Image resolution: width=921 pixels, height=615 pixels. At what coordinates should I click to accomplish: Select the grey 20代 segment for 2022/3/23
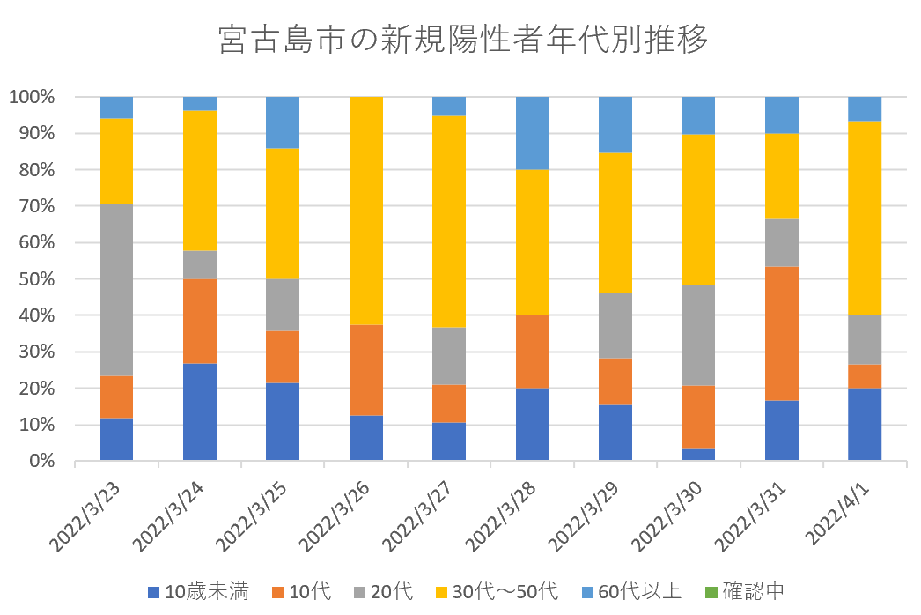click(x=116, y=290)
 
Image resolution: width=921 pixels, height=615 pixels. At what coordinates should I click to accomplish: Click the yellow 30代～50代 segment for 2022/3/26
click(x=365, y=211)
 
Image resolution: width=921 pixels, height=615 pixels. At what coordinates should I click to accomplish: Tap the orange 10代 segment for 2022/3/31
click(x=781, y=333)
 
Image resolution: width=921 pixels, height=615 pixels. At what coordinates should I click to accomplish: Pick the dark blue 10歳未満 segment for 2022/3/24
click(x=199, y=411)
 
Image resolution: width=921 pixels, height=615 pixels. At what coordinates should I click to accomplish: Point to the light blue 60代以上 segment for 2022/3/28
click(x=532, y=133)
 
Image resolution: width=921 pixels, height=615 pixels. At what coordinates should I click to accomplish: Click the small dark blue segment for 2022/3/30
click(x=698, y=455)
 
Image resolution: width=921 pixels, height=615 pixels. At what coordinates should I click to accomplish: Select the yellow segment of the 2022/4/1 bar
click(x=864, y=218)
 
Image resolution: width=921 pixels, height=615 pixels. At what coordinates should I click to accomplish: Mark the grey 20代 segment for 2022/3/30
click(x=698, y=335)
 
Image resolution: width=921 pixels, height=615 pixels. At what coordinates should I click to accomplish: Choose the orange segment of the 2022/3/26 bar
click(x=365, y=370)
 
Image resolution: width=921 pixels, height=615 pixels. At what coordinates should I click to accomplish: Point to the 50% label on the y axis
click(x=37, y=279)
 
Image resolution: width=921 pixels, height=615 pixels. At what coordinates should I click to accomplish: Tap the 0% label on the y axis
click(x=41, y=461)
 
